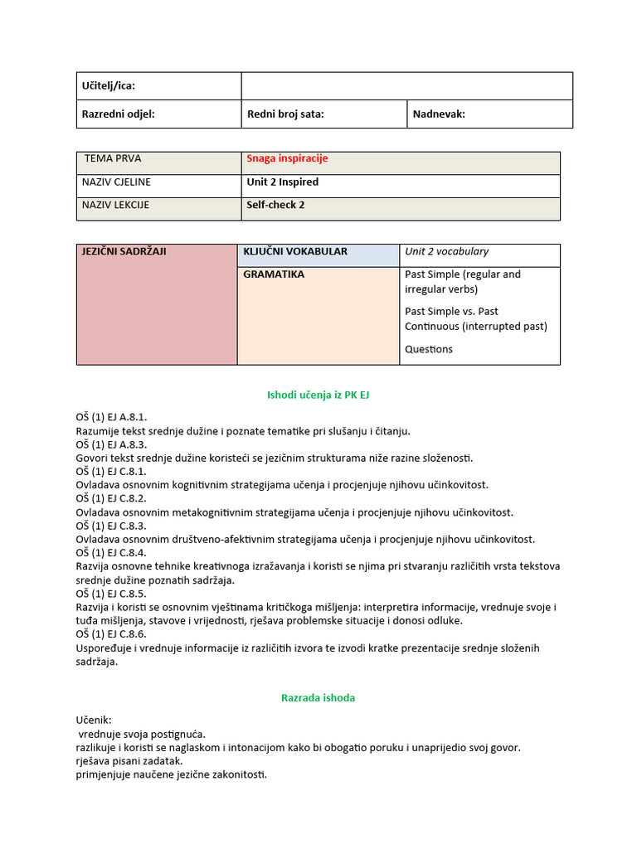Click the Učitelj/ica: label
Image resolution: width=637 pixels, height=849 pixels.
coord(108,86)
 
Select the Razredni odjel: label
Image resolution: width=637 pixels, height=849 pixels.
coord(118,114)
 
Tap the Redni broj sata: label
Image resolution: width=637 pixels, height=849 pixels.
coord(285,114)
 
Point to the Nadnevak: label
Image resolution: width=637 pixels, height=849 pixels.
coord(440,114)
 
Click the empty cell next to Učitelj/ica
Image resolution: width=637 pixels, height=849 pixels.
coord(406,86)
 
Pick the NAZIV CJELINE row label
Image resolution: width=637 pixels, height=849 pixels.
coord(116,182)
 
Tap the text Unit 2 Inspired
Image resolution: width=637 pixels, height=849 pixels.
coord(282,182)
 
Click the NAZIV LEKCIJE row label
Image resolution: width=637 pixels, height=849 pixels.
coord(115,205)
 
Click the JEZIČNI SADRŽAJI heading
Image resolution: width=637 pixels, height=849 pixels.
coord(124,251)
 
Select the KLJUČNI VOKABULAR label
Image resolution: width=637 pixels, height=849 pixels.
coord(295,251)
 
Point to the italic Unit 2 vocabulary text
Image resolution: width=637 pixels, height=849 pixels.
coord(446,251)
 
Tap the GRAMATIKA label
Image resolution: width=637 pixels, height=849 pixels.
coord(274,274)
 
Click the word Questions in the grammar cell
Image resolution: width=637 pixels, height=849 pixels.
coord(429,349)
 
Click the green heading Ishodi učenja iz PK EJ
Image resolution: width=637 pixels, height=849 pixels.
coord(318,395)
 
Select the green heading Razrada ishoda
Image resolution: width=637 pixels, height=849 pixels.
coord(318,698)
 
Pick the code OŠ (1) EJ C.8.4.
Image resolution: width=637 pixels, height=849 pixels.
coord(111,553)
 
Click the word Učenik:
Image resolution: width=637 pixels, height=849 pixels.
coord(93,720)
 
